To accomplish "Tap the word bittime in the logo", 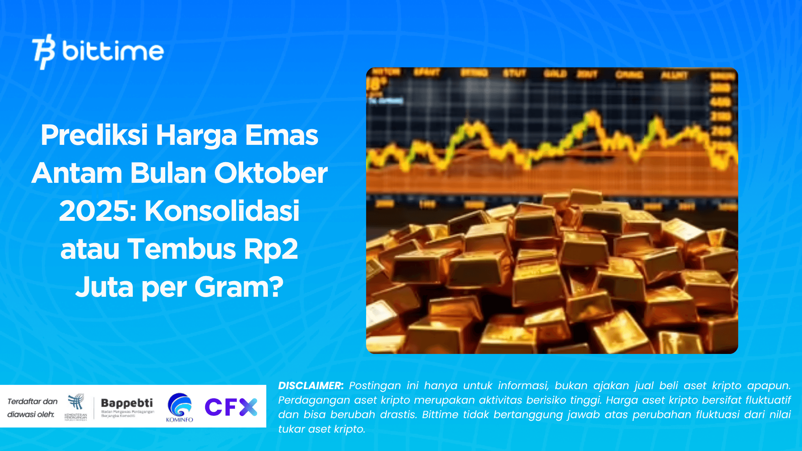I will click(113, 51).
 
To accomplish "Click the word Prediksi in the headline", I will click(94, 135).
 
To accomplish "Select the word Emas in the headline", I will click(282, 135).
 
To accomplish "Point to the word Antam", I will click(76, 173).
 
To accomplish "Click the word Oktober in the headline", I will click(271, 173).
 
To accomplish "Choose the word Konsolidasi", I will click(222, 211).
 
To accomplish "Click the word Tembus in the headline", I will click(182, 249).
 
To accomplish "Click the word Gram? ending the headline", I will click(239, 287).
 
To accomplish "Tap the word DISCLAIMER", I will click(311, 386).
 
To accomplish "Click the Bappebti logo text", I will click(127, 403).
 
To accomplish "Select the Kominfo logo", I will click(180, 408).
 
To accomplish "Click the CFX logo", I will click(231, 407).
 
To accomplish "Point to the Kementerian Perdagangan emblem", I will click(76, 406).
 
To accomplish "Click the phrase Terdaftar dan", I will click(33, 401).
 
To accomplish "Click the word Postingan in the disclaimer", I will click(375, 386).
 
